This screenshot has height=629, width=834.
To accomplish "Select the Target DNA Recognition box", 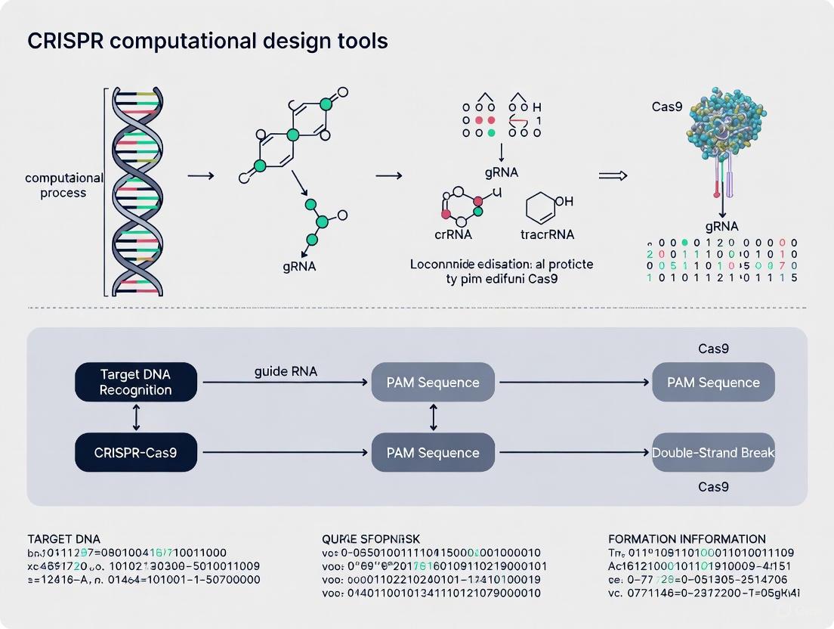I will click(136, 382).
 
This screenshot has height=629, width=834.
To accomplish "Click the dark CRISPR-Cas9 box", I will click(136, 452).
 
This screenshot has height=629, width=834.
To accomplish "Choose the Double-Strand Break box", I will click(713, 452).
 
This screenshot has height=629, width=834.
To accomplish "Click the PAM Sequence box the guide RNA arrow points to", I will click(433, 382).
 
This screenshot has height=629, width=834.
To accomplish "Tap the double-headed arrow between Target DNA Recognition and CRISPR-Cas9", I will click(136, 417).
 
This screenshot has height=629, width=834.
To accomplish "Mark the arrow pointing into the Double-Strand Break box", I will click(574, 452).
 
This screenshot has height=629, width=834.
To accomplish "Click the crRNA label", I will click(453, 234).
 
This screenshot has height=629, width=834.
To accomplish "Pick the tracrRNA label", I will click(548, 234).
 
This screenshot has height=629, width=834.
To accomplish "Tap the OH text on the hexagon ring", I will click(564, 202).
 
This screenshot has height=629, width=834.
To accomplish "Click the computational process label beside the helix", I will click(55, 185).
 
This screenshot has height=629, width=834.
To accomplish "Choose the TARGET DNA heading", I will click(63, 539).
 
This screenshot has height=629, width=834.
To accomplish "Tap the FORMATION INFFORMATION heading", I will click(687, 539).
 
